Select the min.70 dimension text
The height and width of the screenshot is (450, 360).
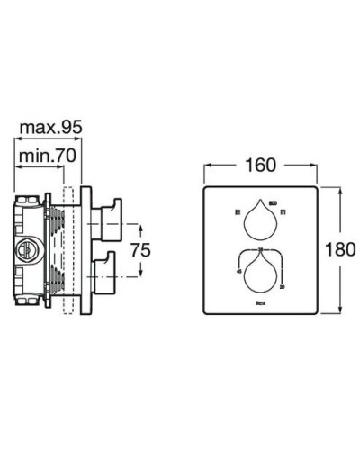click(x=50, y=157)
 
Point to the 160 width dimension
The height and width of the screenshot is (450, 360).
click(x=260, y=166)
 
